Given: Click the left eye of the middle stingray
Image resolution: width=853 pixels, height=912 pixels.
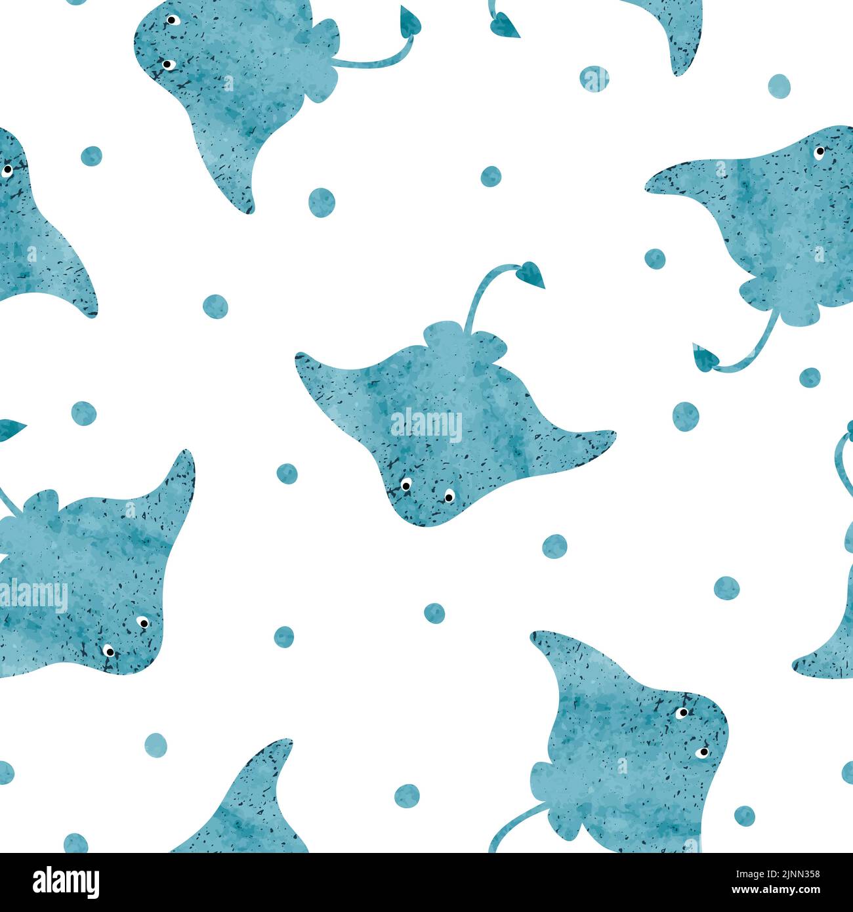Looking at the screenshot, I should click(x=406, y=485).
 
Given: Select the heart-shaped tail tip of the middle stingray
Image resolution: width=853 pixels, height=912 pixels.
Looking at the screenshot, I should click(x=531, y=273).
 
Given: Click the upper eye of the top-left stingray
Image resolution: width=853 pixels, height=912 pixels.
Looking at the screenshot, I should click(x=173, y=20).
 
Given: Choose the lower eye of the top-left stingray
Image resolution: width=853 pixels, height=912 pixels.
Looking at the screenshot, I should click(x=167, y=64).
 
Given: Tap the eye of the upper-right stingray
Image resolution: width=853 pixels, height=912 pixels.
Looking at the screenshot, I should click(x=820, y=152).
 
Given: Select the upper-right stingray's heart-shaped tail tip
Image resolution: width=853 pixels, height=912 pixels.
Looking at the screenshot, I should click(x=705, y=358).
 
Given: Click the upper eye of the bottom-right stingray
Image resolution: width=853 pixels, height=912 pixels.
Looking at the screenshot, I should click(x=683, y=712).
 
